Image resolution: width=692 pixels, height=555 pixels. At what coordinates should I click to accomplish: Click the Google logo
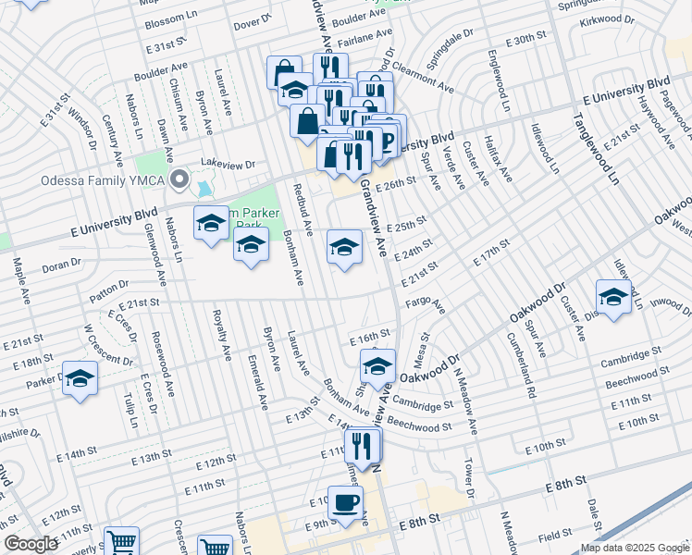31,544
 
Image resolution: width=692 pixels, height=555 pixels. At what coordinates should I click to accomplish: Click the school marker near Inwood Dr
613,296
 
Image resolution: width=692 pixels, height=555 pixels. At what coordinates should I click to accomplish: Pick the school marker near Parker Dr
80,378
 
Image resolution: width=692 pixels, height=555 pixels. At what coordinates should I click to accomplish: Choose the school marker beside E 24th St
344,246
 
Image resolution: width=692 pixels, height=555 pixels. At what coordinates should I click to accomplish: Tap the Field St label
555,535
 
